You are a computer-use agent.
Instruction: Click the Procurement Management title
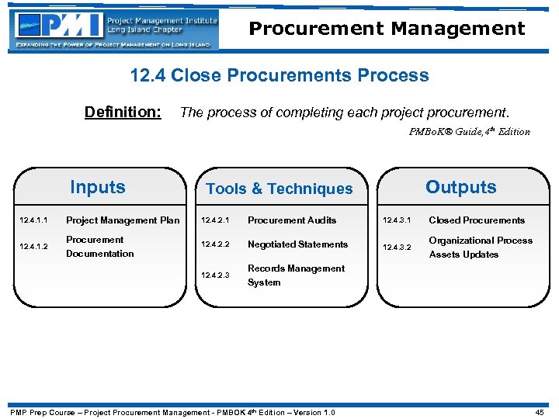coord(387,29)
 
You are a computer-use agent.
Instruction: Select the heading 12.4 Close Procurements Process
coord(279,75)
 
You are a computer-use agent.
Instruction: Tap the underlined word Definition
coord(123,113)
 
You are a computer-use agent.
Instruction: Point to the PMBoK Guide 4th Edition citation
coord(469,132)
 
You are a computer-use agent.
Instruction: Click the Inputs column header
coord(97,187)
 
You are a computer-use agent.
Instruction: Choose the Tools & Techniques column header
coord(279,189)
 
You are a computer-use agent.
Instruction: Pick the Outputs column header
coord(460,187)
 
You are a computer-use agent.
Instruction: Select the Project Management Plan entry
coord(123,220)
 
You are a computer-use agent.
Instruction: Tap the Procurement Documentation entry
coord(99,247)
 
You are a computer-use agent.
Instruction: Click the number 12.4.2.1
coord(217,220)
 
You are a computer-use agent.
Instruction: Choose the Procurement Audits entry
coord(291,220)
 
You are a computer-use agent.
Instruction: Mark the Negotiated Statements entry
coord(297,244)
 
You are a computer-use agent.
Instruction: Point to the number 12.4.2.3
coord(217,275)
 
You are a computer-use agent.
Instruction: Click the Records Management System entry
coord(296,275)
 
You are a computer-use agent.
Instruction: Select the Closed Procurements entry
coord(477,220)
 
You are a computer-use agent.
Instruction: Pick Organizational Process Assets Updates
coord(481,248)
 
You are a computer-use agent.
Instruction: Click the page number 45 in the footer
coord(540,412)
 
